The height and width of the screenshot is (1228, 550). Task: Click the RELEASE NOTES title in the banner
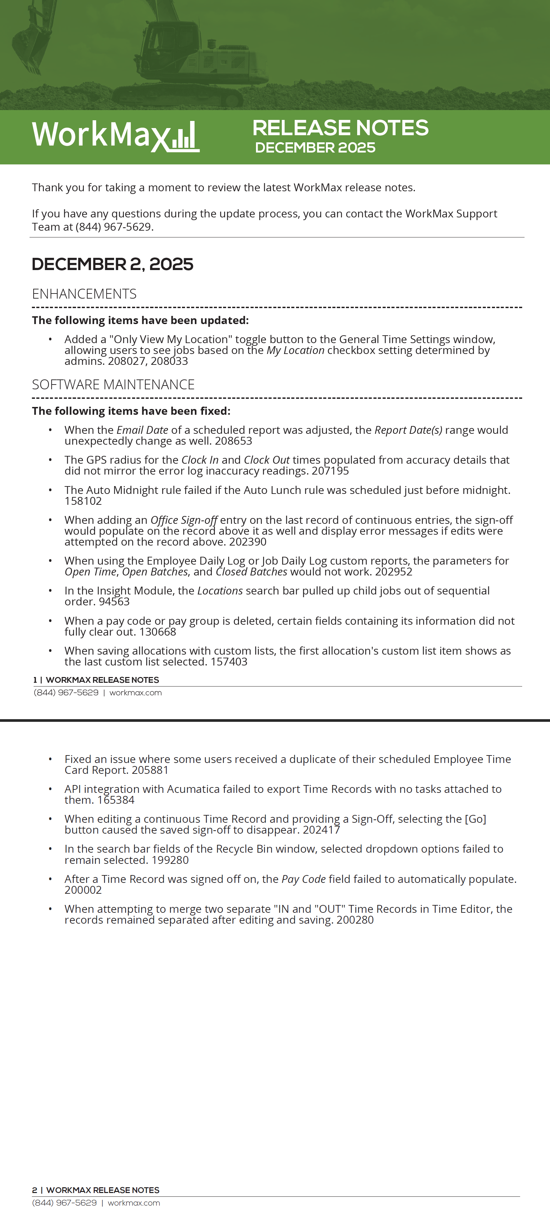coord(340,128)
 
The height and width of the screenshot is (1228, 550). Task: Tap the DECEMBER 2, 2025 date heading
coord(112,264)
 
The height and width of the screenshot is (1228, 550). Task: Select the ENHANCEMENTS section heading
coord(84,293)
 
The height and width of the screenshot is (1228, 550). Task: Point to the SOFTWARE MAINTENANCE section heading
coord(113,384)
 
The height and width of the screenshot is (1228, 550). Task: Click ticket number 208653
coord(234,441)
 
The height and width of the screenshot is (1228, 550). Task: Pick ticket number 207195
coord(330,471)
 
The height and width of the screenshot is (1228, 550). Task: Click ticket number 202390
coord(248,542)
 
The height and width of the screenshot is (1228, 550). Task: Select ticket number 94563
coord(114,602)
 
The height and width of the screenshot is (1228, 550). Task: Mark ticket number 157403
coord(229,662)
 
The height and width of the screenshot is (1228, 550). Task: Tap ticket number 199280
coord(170,860)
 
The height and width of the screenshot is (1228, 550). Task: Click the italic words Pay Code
coord(304,879)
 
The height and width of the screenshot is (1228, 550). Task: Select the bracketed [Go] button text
coord(476,819)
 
